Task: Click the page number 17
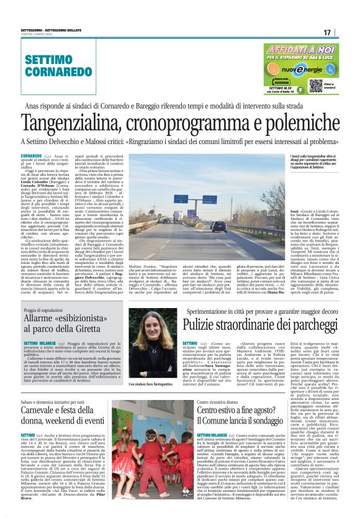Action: pyautogui.click(x=336, y=32)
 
